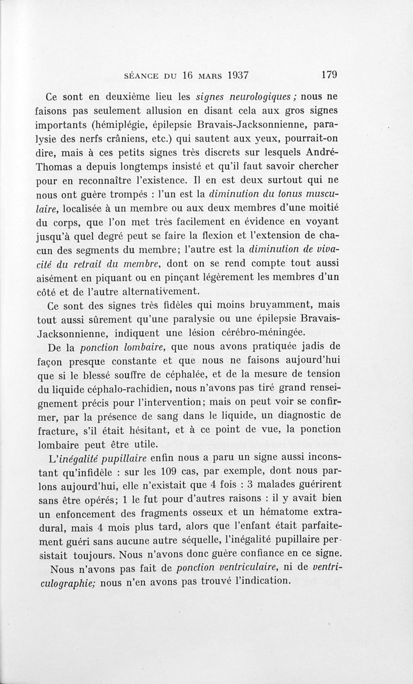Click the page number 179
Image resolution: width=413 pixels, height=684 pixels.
[x=329, y=74]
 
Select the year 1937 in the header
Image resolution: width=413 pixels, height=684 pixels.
[x=232, y=74]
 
